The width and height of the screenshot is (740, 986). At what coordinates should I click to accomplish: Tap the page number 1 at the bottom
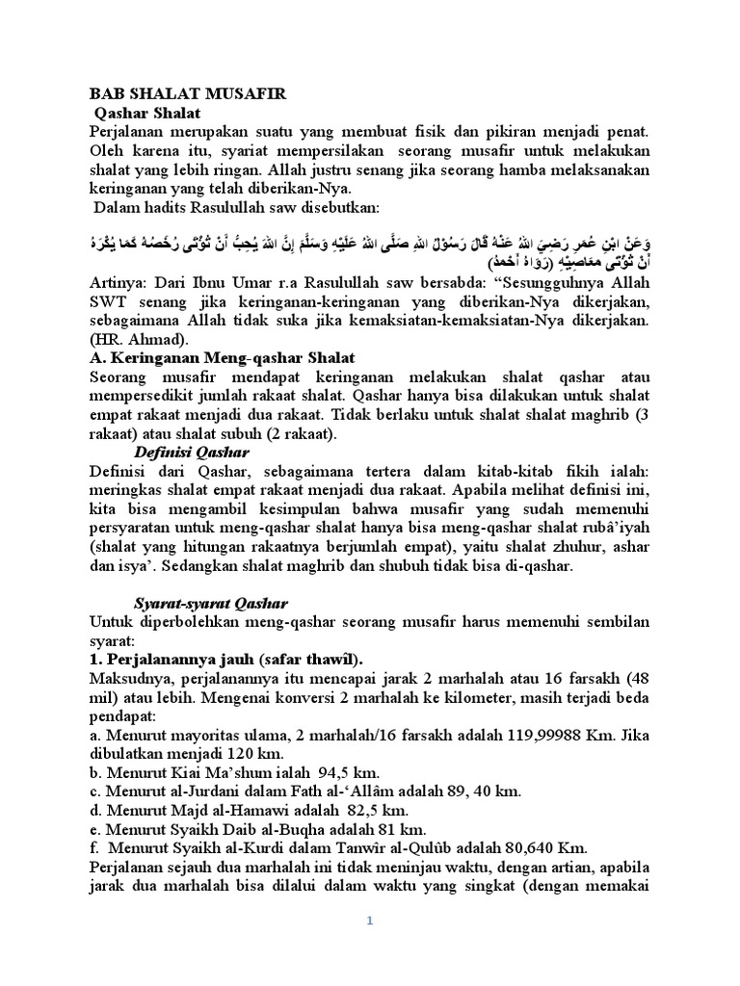click(368, 921)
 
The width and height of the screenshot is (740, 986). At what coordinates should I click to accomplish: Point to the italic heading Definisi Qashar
click(191, 451)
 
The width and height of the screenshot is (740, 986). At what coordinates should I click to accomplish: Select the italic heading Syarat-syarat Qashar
click(210, 603)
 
